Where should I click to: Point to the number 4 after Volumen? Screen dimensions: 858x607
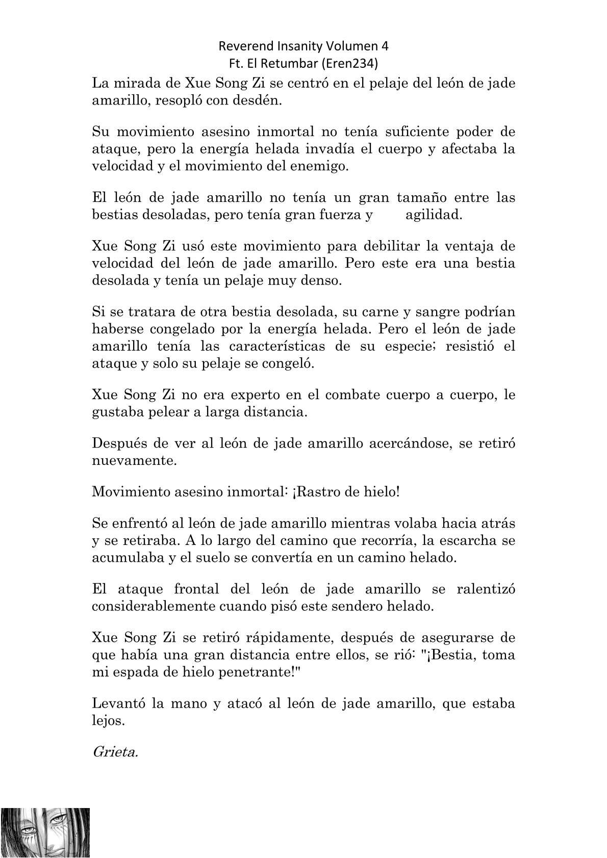385,46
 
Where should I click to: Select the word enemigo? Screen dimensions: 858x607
317,167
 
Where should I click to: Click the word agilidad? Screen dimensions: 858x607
434,215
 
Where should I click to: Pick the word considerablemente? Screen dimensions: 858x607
180,607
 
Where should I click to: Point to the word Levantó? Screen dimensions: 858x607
118,704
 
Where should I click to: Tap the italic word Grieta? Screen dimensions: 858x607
115,752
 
